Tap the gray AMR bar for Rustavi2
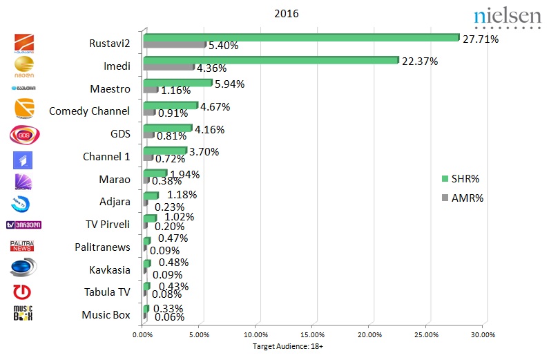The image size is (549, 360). tap(174, 45)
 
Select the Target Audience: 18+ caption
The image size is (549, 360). tap(287, 346)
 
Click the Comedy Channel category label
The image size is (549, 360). tap(89, 111)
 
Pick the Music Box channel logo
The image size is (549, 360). tap(23, 313)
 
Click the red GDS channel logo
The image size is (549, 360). tap(24, 134)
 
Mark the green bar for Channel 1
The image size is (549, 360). tap(164, 151)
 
